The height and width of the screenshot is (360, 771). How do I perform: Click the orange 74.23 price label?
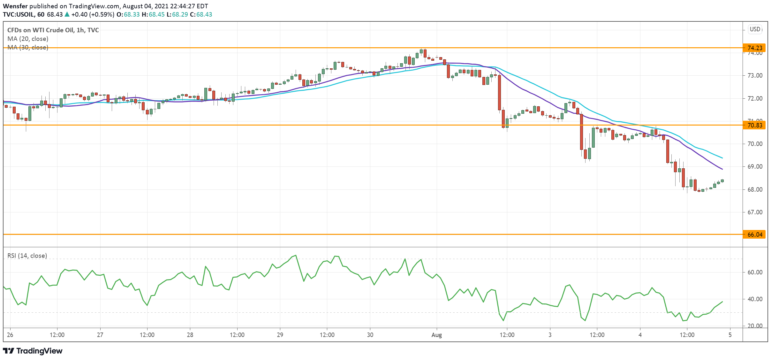point(755,48)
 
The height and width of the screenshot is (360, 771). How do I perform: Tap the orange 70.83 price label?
point(755,125)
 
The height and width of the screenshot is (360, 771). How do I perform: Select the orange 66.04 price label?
point(755,234)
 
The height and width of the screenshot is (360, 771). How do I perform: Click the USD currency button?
point(755,29)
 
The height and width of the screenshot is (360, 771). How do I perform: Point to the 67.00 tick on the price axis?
point(755,212)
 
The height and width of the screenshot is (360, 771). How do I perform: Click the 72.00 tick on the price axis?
point(755,98)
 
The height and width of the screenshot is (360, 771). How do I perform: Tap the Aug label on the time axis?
point(436,335)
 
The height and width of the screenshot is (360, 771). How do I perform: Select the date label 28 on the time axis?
point(190,335)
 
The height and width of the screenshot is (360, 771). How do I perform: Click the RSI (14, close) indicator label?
point(27,256)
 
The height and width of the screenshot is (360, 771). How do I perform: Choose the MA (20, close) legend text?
point(28,39)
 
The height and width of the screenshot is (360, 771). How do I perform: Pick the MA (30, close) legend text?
point(28,47)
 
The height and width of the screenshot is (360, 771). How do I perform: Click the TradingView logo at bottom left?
point(33,351)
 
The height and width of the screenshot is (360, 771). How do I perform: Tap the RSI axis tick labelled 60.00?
point(755,272)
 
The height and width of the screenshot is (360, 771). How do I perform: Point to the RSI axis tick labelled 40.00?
point(755,299)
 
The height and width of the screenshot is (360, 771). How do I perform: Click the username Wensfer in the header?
point(15,6)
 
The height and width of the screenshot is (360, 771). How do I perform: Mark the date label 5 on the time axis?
point(730,335)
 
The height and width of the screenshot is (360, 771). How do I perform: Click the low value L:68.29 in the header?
point(177,14)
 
